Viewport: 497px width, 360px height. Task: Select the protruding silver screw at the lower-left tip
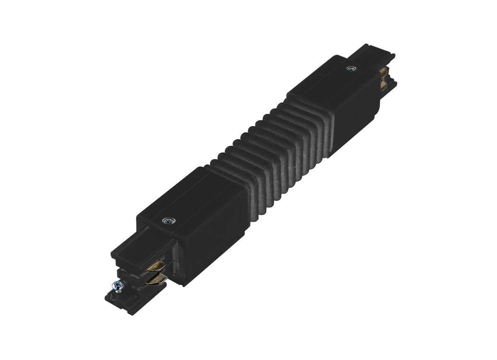tap(118, 286)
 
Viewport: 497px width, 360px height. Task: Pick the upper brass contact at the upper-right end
tap(383, 73)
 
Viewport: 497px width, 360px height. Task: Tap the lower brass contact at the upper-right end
tap(383, 86)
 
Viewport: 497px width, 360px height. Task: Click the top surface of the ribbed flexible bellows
tap(257, 137)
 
